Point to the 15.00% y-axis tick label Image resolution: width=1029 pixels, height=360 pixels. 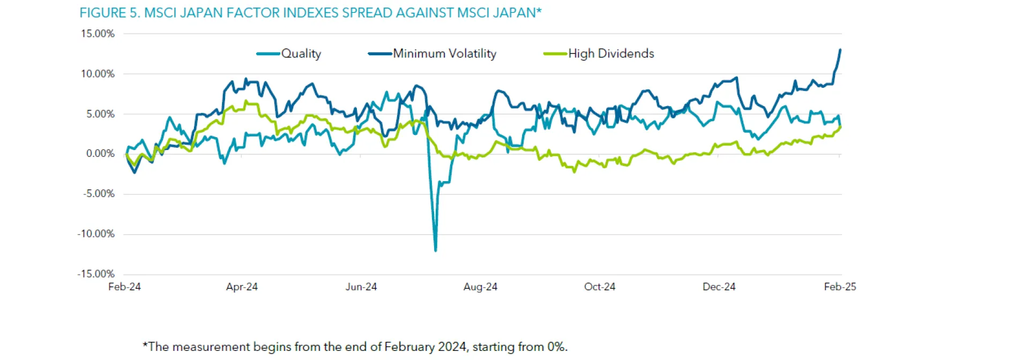pyautogui.click(x=98, y=34)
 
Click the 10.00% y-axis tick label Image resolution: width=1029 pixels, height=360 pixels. pyautogui.click(x=98, y=74)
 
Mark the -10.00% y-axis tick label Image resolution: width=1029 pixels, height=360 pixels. pyautogui.click(x=96, y=234)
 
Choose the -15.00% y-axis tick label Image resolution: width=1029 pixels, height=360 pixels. pyautogui.click(x=96, y=274)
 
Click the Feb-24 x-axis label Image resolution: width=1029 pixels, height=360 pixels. pyautogui.click(x=124, y=287)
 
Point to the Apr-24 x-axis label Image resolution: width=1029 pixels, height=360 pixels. pyautogui.click(x=242, y=287)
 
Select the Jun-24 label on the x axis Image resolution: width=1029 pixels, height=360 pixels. pyautogui.click(x=361, y=287)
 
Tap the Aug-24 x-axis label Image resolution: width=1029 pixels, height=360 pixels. pyautogui.click(x=480, y=287)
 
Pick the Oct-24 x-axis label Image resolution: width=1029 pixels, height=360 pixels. pyautogui.click(x=600, y=287)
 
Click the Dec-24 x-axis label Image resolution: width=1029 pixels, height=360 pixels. pyautogui.click(x=719, y=287)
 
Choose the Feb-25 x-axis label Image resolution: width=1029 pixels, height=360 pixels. pyautogui.click(x=840, y=287)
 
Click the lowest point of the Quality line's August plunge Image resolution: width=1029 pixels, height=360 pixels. pyautogui.click(x=435, y=250)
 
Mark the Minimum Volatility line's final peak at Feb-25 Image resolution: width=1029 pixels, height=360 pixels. pyautogui.click(x=840, y=50)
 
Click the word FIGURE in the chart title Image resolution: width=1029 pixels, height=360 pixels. pyautogui.click(x=102, y=13)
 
